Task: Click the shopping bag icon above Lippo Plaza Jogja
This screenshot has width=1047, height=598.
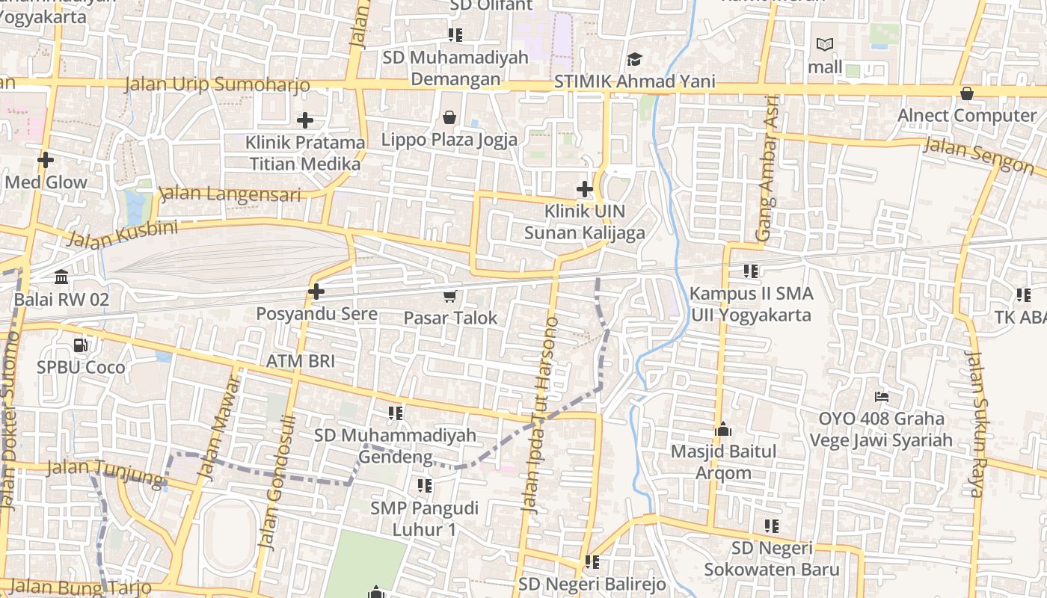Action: coord(449,117)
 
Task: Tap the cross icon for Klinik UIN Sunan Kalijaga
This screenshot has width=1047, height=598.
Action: coord(585,189)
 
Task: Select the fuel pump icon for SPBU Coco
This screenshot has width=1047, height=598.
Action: coord(80,345)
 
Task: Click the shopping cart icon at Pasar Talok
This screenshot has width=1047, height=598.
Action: coord(449,297)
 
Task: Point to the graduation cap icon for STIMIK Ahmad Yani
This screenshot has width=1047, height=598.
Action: coord(634,59)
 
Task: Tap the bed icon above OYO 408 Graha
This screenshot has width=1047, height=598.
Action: coord(882,396)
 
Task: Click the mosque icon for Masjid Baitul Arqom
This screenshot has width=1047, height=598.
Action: coord(722,429)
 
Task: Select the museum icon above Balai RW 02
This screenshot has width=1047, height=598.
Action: coord(61,278)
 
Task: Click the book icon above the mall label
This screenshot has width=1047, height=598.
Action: coord(825,45)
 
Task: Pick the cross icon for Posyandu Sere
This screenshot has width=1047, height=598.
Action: coord(316,291)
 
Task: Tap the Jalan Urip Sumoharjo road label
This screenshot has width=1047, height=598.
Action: coord(217,84)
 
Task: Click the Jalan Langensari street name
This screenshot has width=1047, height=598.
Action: coord(230,195)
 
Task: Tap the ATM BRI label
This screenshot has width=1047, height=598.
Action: coord(301,361)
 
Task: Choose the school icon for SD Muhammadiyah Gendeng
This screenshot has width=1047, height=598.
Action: coord(395,413)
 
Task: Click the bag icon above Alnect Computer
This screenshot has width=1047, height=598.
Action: coord(966,93)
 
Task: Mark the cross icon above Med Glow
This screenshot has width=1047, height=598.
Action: coord(46,160)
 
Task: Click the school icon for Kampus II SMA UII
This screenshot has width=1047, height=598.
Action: coord(751,271)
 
